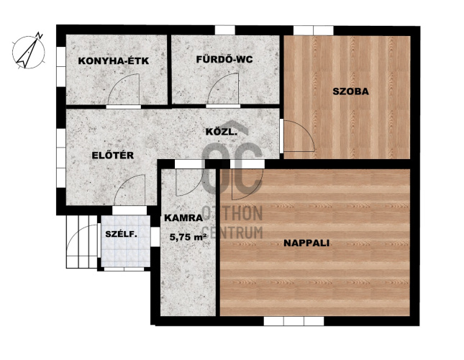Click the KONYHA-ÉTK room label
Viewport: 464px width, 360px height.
[114, 60]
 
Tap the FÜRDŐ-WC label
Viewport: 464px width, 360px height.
[224, 59]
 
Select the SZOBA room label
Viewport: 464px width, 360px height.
[350, 91]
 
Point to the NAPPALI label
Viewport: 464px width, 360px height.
[306, 243]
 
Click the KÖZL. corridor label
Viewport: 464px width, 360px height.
[222, 132]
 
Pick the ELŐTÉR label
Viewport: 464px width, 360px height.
[113, 155]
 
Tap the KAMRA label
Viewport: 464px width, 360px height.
[183, 218]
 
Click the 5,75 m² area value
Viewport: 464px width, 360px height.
[188, 237]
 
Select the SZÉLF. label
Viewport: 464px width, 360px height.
[122, 235]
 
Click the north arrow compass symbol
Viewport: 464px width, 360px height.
[29, 51]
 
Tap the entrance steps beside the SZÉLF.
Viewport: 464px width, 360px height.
[82, 242]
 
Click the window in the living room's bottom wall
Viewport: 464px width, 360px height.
[294, 321]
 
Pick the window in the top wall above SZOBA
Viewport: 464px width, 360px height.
[314, 30]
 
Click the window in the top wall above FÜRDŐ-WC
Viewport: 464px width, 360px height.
[225, 30]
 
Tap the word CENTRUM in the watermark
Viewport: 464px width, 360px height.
[232, 233]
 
